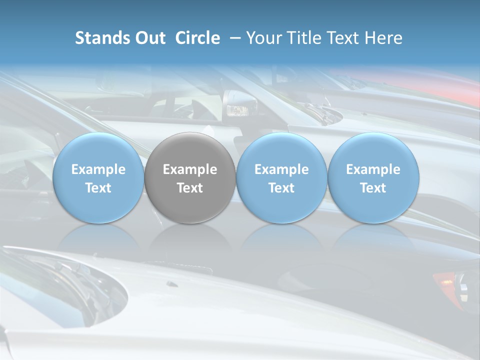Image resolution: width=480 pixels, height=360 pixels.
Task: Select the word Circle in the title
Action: tap(197, 38)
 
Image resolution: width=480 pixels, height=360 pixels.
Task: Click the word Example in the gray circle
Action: tap(190, 169)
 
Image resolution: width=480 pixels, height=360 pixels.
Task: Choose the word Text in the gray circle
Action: tap(190, 188)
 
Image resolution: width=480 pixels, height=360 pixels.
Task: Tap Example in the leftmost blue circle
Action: tap(98, 169)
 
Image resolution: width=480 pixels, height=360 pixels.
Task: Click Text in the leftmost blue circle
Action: tap(98, 188)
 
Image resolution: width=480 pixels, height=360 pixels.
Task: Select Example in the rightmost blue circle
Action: tap(373, 169)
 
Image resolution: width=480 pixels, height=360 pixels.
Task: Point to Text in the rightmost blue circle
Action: tap(373, 188)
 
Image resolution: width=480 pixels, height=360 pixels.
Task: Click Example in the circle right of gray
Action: tap(281, 169)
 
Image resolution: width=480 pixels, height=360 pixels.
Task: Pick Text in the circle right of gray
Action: tap(281, 188)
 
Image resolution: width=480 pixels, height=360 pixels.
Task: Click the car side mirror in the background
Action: tap(239, 104)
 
